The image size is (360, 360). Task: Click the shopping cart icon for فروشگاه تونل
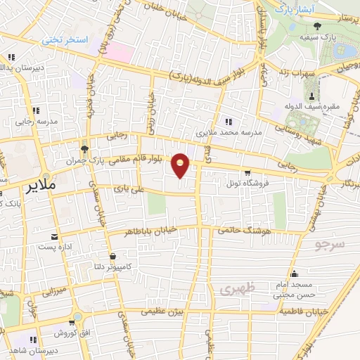(x=247, y=172)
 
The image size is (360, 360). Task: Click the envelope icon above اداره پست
(x=53, y=236)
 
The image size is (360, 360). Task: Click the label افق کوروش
(x=70, y=332)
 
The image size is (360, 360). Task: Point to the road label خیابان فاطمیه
(x=303, y=310)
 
